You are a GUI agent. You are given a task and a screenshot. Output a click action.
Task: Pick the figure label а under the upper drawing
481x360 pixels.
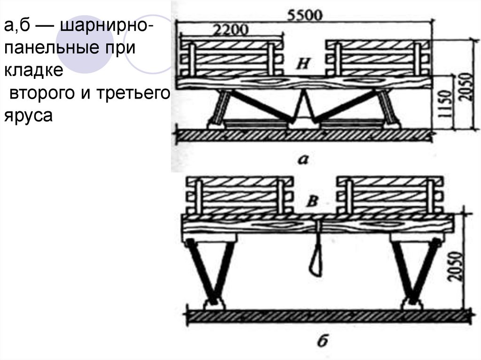pyautogui.click(x=303, y=161)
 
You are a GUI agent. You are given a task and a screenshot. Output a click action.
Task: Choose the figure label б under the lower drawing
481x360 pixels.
pyautogui.click(x=322, y=342)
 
